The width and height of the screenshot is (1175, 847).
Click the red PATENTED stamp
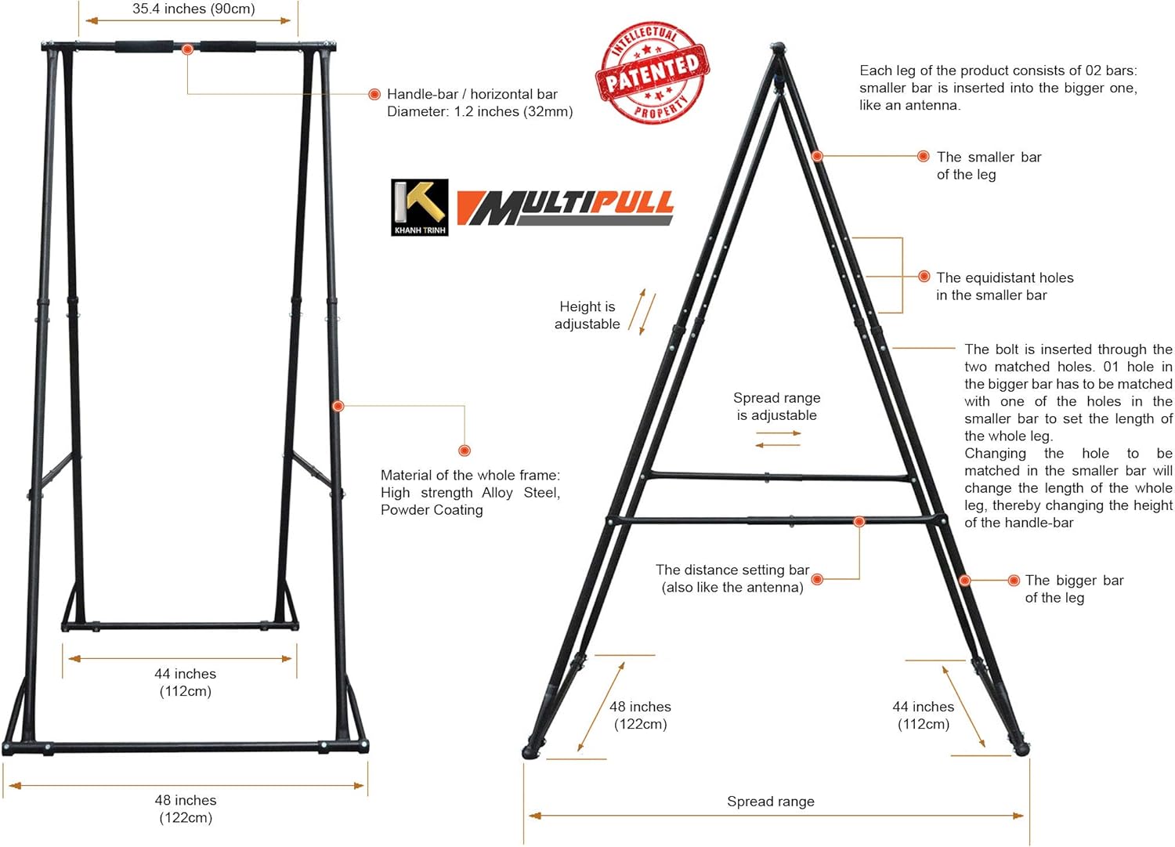coord(653,72)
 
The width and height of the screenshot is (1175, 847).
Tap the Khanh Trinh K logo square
coord(420,207)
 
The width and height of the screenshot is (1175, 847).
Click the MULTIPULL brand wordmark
coord(565,207)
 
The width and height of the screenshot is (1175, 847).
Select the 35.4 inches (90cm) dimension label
coord(193,9)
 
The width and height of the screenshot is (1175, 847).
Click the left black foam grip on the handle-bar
coord(144,47)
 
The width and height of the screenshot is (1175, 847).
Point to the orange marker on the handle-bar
coord(187,49)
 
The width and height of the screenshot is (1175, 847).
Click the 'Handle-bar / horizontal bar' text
coord(472,94)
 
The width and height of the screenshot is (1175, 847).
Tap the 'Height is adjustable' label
coord(587,315)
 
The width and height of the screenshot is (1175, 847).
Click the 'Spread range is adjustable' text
coord(776,407)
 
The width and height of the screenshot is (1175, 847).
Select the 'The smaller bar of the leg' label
coord(989,165)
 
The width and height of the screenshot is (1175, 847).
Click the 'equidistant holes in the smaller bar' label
coord(1004,286)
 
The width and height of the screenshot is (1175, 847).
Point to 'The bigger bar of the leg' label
coord(1073,588)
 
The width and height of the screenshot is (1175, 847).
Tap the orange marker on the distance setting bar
coord(859,521)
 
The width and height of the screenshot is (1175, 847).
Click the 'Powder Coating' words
coord(432,510)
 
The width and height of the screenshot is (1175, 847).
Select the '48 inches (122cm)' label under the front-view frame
coord(186,809)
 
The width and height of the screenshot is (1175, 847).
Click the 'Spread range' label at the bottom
coord(770,802)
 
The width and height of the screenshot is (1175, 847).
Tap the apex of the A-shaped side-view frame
coord(777,49)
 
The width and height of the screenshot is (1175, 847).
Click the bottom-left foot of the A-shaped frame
coord(531,750)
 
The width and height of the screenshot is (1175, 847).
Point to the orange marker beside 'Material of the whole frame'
coord(465,451)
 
